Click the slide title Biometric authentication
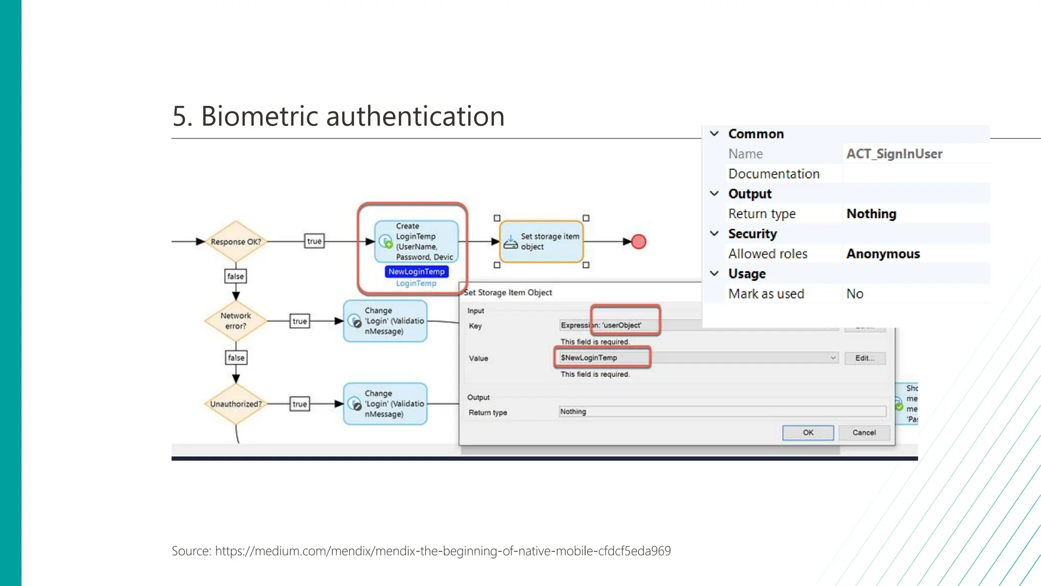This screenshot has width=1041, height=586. (338, 116)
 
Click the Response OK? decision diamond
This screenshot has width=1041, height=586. (236, 242)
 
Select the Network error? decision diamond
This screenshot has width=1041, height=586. (236, 321)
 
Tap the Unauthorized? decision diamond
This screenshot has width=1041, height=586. (236, 404)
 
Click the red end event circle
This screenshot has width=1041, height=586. (638, 242)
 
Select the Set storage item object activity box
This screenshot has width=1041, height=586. (542, 242)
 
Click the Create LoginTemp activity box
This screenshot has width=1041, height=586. (416, 242)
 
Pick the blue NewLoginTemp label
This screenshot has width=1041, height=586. (416, 272)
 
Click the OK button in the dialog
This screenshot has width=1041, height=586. (808, 432)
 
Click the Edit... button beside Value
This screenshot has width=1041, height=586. (865, 358)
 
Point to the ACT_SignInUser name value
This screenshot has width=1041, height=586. (894, 154)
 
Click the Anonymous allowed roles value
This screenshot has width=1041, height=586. (883, 254)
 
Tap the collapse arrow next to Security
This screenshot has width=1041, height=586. (714, 233)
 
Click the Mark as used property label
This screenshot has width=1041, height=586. (766, 294)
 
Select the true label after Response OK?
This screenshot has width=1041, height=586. (314, 241)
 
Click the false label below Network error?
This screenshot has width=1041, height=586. (236, 358)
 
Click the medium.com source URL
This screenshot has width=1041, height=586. (442, 551)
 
